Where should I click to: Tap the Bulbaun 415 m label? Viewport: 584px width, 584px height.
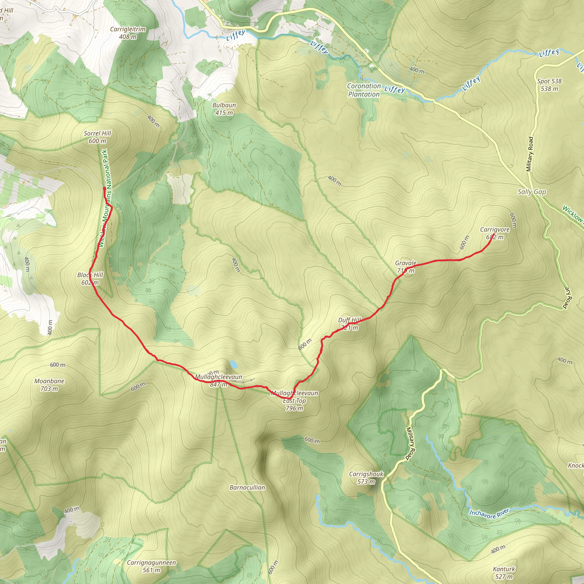pos(224,109)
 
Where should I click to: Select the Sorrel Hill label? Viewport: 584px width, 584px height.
pos(97,137)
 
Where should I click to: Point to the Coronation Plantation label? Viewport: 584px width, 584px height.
pos(364,90)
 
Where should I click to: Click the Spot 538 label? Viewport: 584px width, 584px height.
pos(549,85)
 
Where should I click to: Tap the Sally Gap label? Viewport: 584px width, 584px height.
pos(532,192)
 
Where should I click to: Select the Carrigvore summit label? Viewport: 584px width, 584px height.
pos(495,233)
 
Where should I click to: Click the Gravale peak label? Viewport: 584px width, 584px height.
pos(406,267)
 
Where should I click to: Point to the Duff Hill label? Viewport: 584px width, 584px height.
pos(349,324)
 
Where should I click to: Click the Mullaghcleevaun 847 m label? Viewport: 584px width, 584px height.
pos(218,381)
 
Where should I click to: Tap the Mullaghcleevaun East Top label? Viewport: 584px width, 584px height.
pos(294,401)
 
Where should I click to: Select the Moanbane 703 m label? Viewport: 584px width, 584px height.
pos(49,385)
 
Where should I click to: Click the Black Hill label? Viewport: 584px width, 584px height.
pos(90,278)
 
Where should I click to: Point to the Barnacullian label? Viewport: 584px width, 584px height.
pos(247,487)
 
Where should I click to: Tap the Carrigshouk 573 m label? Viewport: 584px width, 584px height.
pos(366,478)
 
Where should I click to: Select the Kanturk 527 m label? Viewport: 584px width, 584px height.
pos(504,573)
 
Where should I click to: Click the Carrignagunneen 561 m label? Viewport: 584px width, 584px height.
pos(151,566)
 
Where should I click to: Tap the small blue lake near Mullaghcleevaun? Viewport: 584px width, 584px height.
pos(233,364)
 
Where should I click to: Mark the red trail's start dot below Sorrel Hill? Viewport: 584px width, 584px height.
pos(104,188)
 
